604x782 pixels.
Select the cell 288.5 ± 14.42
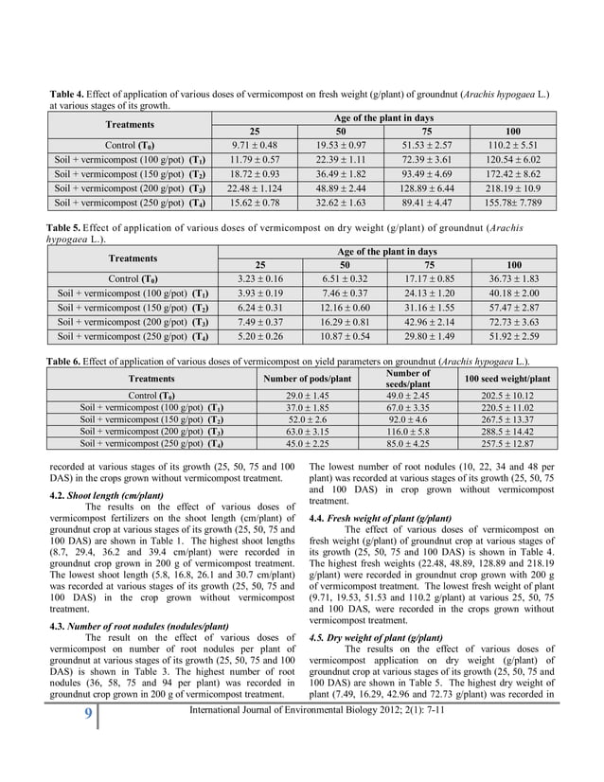coord(507,430)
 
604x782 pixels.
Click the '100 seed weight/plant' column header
coord(507,379)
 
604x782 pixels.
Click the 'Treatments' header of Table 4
coord(132,124)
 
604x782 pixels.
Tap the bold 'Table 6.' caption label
coord(66,362)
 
